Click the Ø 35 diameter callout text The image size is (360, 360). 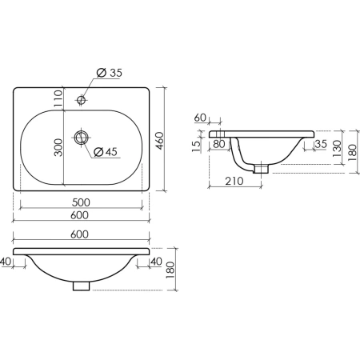pos(110,73)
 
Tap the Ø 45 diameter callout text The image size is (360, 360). pos(106,152)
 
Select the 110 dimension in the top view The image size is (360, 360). pos(58,98)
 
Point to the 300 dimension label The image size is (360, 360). pos(58,147)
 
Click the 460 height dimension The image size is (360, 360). pos(159,141)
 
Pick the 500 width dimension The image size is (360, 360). pos(81,202)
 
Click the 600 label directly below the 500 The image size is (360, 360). pos(79,215)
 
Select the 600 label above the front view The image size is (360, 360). pos(79,234)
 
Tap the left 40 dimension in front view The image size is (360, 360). pos(6,262)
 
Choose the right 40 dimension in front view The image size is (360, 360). pos(156,262)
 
